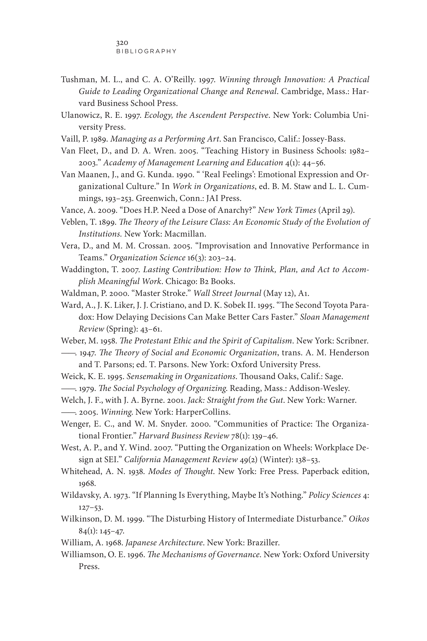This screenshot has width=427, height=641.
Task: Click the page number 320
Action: pos(122,43)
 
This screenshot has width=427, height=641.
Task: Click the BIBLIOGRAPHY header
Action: pos(146,51)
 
